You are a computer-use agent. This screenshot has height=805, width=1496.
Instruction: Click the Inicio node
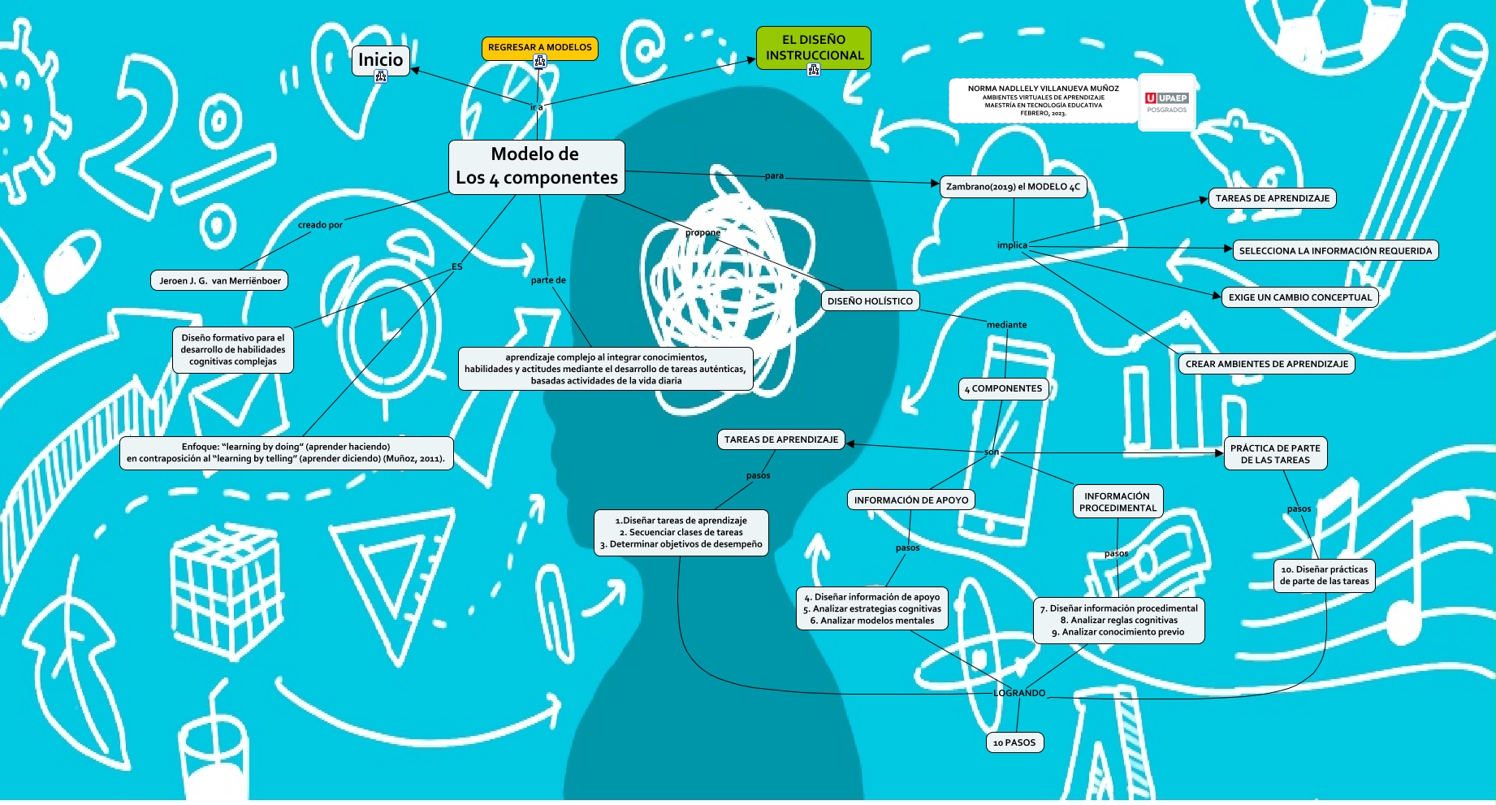(x=380, y=59)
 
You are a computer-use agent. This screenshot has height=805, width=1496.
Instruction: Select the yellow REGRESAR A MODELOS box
(x=539, y=47)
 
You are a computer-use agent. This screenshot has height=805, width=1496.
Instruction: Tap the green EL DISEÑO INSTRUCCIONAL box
(x=813, y=47)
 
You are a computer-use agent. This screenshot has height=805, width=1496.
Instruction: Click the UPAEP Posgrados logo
(x=1166, y=102)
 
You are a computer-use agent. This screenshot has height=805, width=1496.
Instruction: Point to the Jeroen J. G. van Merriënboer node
(x=219, y=281)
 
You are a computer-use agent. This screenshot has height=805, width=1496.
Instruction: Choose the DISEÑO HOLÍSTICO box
(x=870, y=301)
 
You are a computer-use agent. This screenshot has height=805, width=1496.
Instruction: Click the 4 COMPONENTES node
(x=1003, y=388)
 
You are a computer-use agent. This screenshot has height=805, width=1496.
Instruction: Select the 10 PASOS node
(x=1014, y=742)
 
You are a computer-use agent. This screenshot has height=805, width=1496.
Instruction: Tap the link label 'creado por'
(x=320, y=225)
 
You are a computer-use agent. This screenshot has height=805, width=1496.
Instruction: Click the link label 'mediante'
(x=1006, y=325)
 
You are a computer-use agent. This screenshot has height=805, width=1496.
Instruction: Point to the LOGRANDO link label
(x=1019, y=693)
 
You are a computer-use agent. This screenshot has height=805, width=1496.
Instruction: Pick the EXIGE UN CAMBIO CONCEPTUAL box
(x=1299, y=297)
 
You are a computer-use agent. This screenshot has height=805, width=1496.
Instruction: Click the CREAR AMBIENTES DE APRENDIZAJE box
(x=1266, y=364)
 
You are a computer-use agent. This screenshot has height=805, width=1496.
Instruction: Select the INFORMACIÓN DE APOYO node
(x=910, y=500)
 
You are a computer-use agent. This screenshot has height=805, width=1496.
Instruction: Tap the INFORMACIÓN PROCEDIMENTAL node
(x=1118, y=502)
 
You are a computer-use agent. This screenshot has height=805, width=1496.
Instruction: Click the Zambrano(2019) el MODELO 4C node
(x=1013, y=187)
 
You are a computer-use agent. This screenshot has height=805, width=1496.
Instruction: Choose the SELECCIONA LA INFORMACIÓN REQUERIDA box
(x=1335, y=251)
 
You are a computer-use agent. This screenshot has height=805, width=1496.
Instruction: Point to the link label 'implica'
(x=1012, y=245)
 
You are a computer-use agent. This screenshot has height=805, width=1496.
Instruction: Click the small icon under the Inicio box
(x=381, y=76)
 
